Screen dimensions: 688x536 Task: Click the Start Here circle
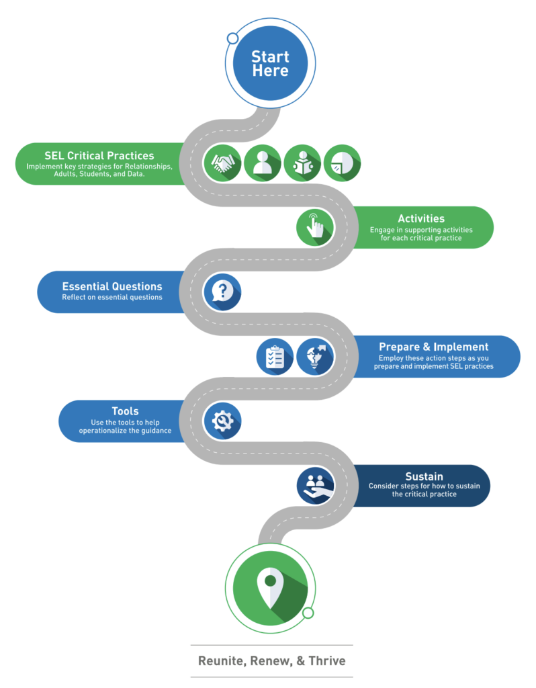pos(270,64)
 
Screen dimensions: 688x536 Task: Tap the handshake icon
pos(222,163)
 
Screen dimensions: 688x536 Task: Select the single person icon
pos(262,163)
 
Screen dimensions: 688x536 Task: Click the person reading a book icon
pos(302,163)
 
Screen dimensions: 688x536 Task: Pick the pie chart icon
pos(342,163)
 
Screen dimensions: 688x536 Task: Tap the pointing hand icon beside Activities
pos(315,226)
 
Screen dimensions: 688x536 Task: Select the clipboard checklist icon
pos(275,356)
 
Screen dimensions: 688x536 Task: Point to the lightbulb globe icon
pos(315,356)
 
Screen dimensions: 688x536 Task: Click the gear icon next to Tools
pos(222,421)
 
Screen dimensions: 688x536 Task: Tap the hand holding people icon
pos(315,485)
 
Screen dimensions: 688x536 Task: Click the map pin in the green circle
pos(270,585)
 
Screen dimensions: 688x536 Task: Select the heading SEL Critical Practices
pos(99,155)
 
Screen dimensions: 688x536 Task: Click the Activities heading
pos(420,218)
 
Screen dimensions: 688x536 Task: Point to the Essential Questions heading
pos(112,286)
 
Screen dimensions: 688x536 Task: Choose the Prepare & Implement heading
pos(433,347)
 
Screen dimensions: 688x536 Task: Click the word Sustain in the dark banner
pos(424,476)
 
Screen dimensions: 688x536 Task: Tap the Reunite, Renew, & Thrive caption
pos(271,660)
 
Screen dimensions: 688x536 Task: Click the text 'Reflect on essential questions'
pos(112,297)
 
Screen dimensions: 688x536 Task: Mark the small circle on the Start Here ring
pos(232,38)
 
